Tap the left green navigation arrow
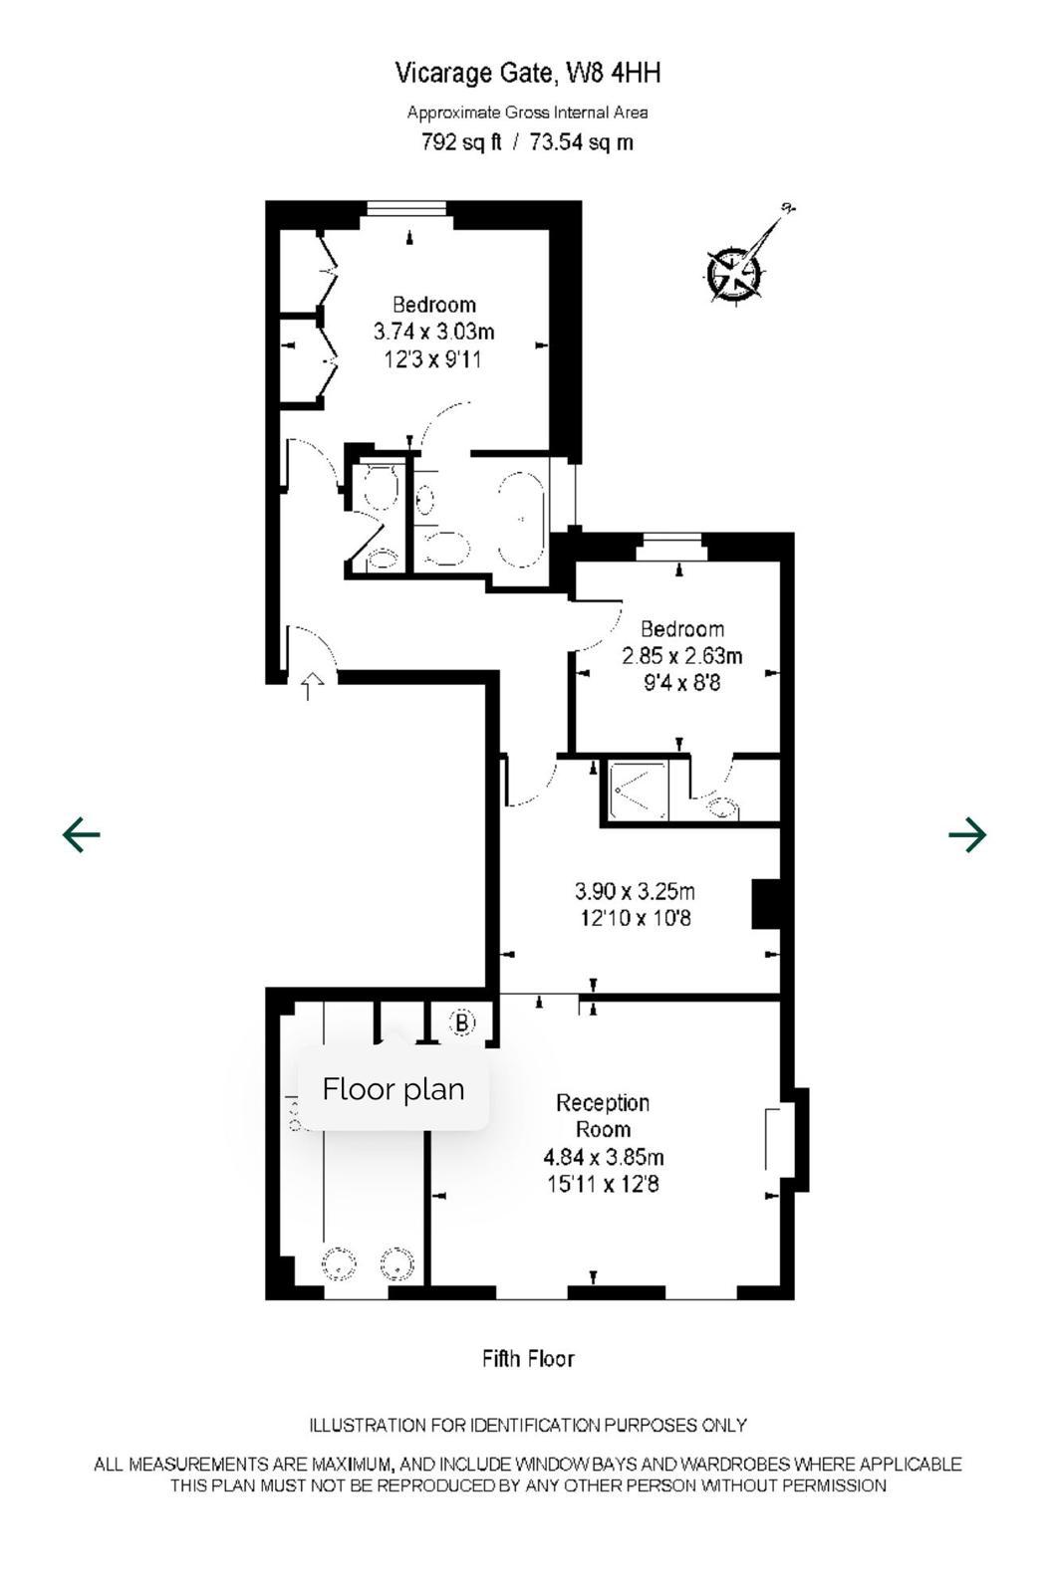click(x=81, y=834)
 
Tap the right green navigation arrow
click(x=967, y=834)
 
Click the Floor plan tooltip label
click(x=393, y=1089)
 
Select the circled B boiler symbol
click(x=462, y=1023)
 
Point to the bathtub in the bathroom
click(x=522, y=519)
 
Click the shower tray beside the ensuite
click(x=638, y=791)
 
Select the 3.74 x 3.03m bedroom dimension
click(x=433, y=333)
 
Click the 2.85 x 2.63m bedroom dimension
click(x=681, y=656)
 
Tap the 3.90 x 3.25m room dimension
click(x=635, y=891)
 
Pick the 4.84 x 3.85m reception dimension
click(x=604, y=1157)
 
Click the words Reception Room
click(x=603, y=1116)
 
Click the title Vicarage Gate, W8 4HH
click(x=527, y=74)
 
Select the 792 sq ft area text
click(x=461, y=143)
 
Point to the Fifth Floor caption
click(x=527, y=1359)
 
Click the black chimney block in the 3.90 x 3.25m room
click(x=766, y=904)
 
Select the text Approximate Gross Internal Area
click(x=527, y=113)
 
